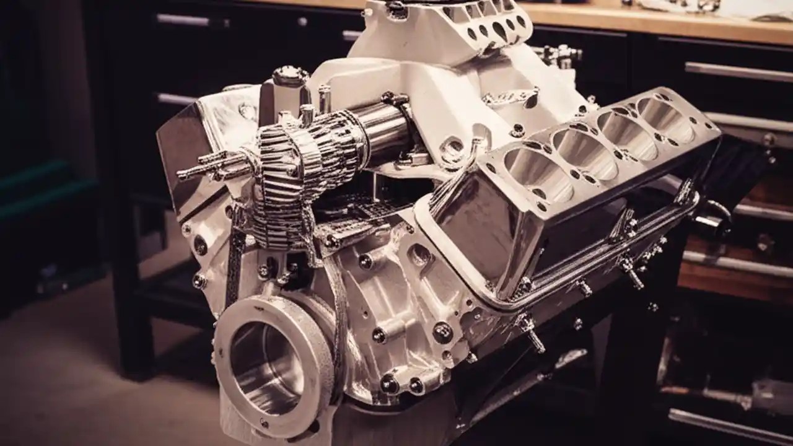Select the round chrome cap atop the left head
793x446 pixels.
pyautogui.click(x=291, y=76)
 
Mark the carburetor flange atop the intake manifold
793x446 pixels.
pyautogui.click(x=489, y=25)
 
